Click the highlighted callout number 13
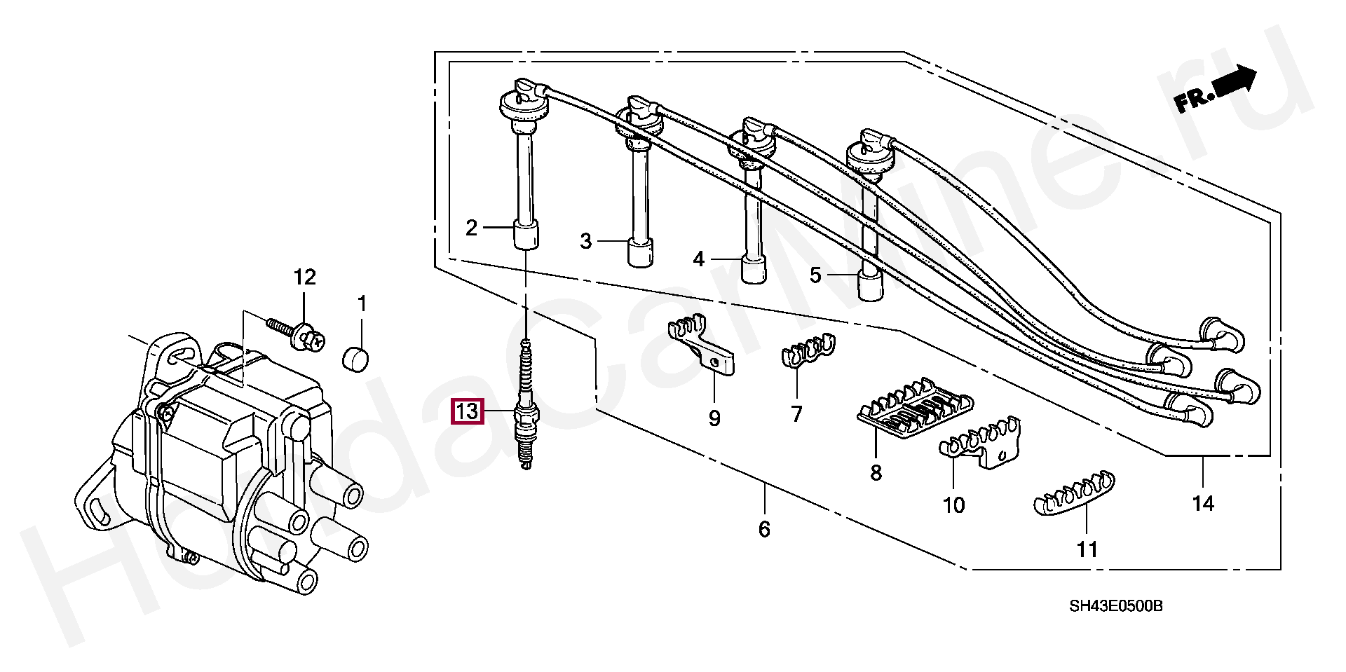tap(467, 411)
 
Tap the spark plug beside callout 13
tap(526, 413)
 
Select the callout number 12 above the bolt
tap(304, 277)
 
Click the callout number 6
tap(764, 529)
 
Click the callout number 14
tap(1203, 503)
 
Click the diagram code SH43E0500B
tap(1115, 606)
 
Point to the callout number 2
tap(472, 228)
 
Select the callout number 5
tap(815, 275)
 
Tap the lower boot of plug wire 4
tap(754, 270)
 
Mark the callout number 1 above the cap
tap(362, 304)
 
